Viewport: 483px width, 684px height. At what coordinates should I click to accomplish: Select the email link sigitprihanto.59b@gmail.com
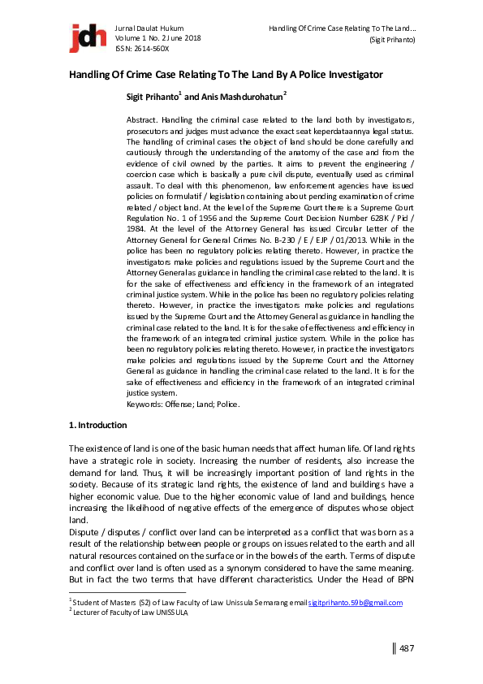click(x=355, y=602)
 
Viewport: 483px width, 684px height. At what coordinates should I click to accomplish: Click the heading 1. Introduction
click(x=97, y=425)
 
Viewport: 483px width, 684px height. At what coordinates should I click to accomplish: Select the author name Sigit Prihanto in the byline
click(x=152, y=97)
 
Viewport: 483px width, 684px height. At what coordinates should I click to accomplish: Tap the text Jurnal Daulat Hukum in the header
click(x=153, y=28)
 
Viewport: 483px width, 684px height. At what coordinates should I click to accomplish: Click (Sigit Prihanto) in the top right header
click(x=392, y=39)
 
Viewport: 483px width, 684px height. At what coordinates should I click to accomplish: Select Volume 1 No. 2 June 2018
click(x=158, y=38)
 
